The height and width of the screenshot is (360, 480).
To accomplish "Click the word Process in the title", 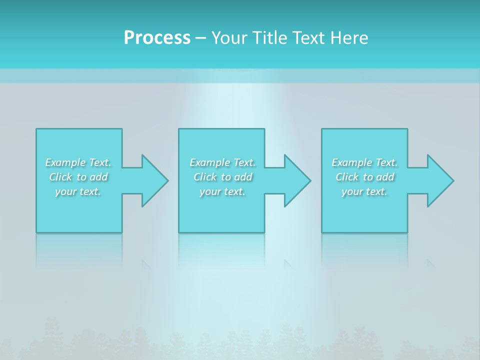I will pos(157,38).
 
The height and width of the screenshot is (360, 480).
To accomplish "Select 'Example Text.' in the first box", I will pos(78,162).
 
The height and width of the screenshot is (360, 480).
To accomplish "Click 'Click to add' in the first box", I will pos(78,177).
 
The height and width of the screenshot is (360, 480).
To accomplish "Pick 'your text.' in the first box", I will pos(78,191).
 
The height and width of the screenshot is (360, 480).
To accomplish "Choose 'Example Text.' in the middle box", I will pos(222,162).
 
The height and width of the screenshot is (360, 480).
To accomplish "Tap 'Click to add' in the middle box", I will pos(222,177).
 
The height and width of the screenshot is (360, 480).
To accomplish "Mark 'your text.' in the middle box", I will pos(222,191).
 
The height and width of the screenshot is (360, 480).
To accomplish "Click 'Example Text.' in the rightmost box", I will pos(364,162).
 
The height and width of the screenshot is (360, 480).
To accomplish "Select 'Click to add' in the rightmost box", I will pos(364,177).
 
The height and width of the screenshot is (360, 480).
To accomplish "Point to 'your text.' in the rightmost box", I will pos(364,191).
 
